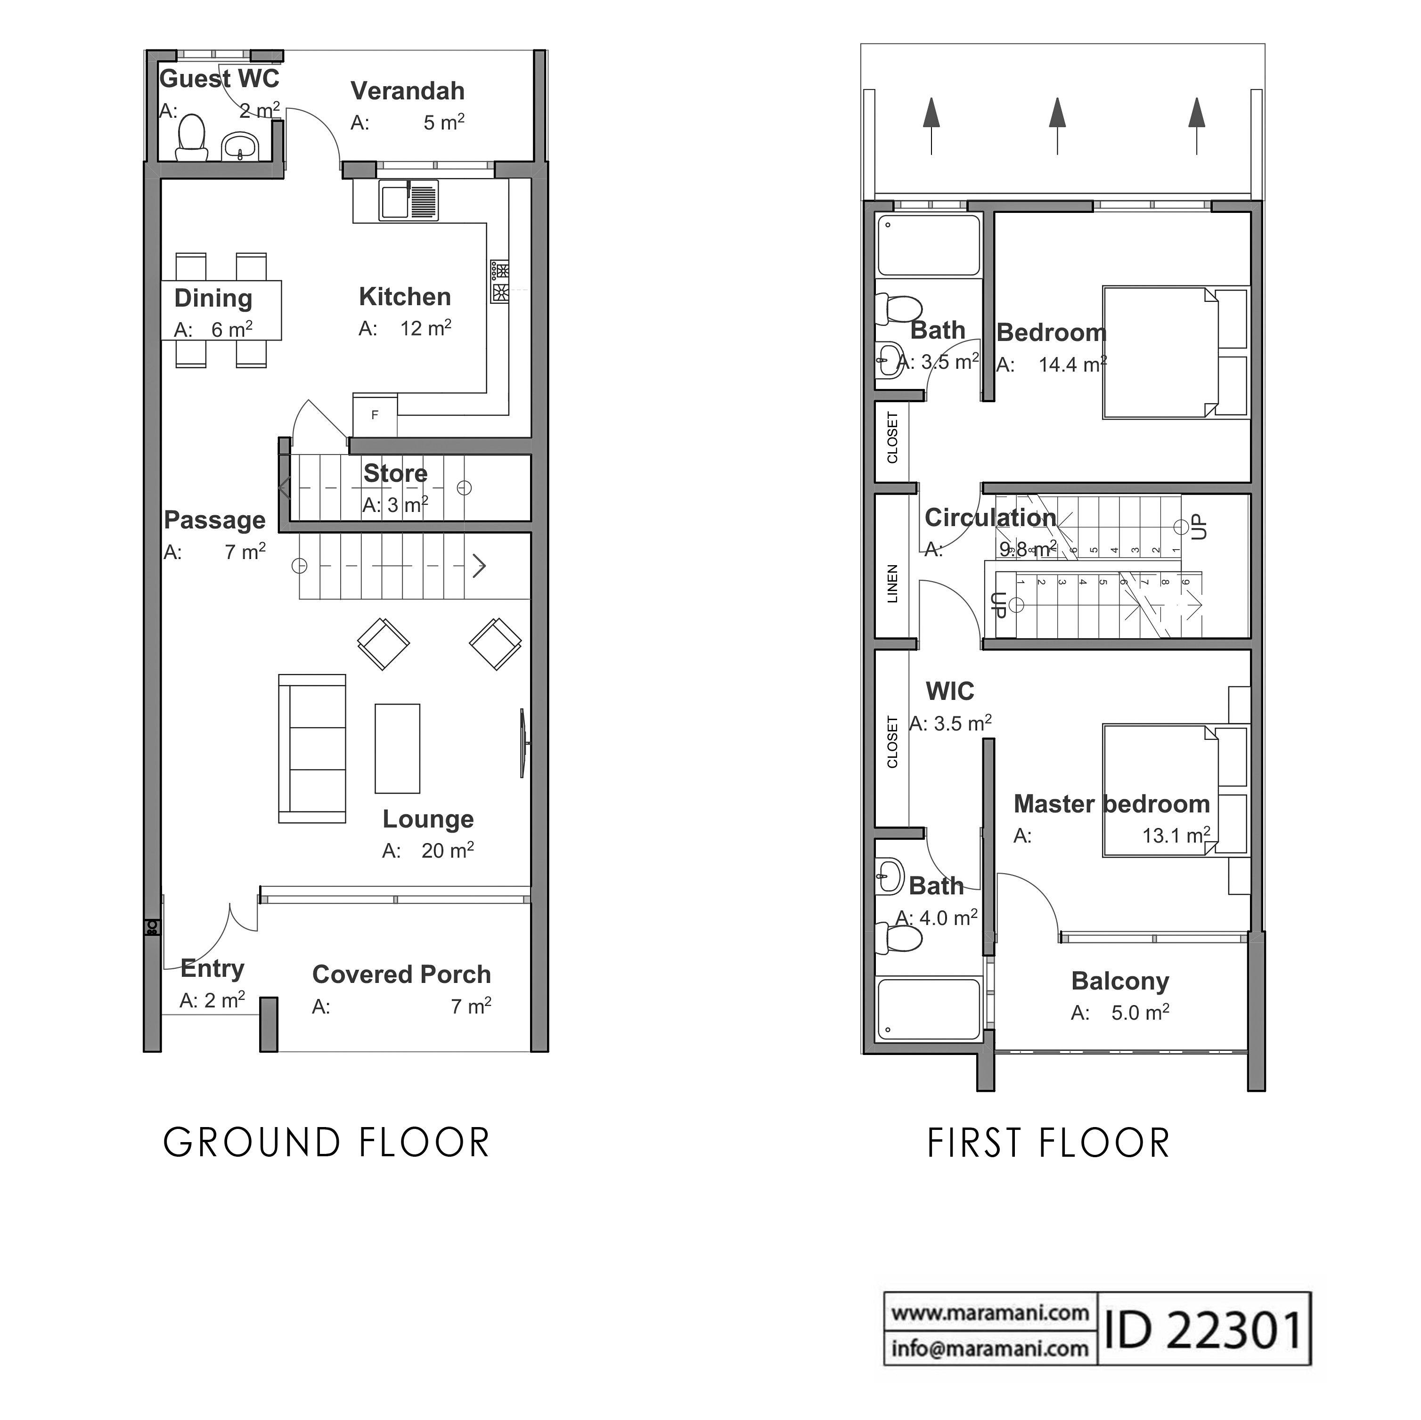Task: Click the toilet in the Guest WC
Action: coord(191,138)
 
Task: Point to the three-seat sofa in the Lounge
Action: coord(312,748)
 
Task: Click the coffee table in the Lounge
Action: coord(397,748)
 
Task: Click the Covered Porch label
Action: coord(401,975)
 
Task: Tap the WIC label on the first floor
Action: coord(949,692)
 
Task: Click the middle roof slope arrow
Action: coord(1058,125)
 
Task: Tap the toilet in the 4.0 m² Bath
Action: coord(902,939)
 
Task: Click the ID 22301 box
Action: coord(1203,1331)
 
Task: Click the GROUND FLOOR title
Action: coord(327,1144)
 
